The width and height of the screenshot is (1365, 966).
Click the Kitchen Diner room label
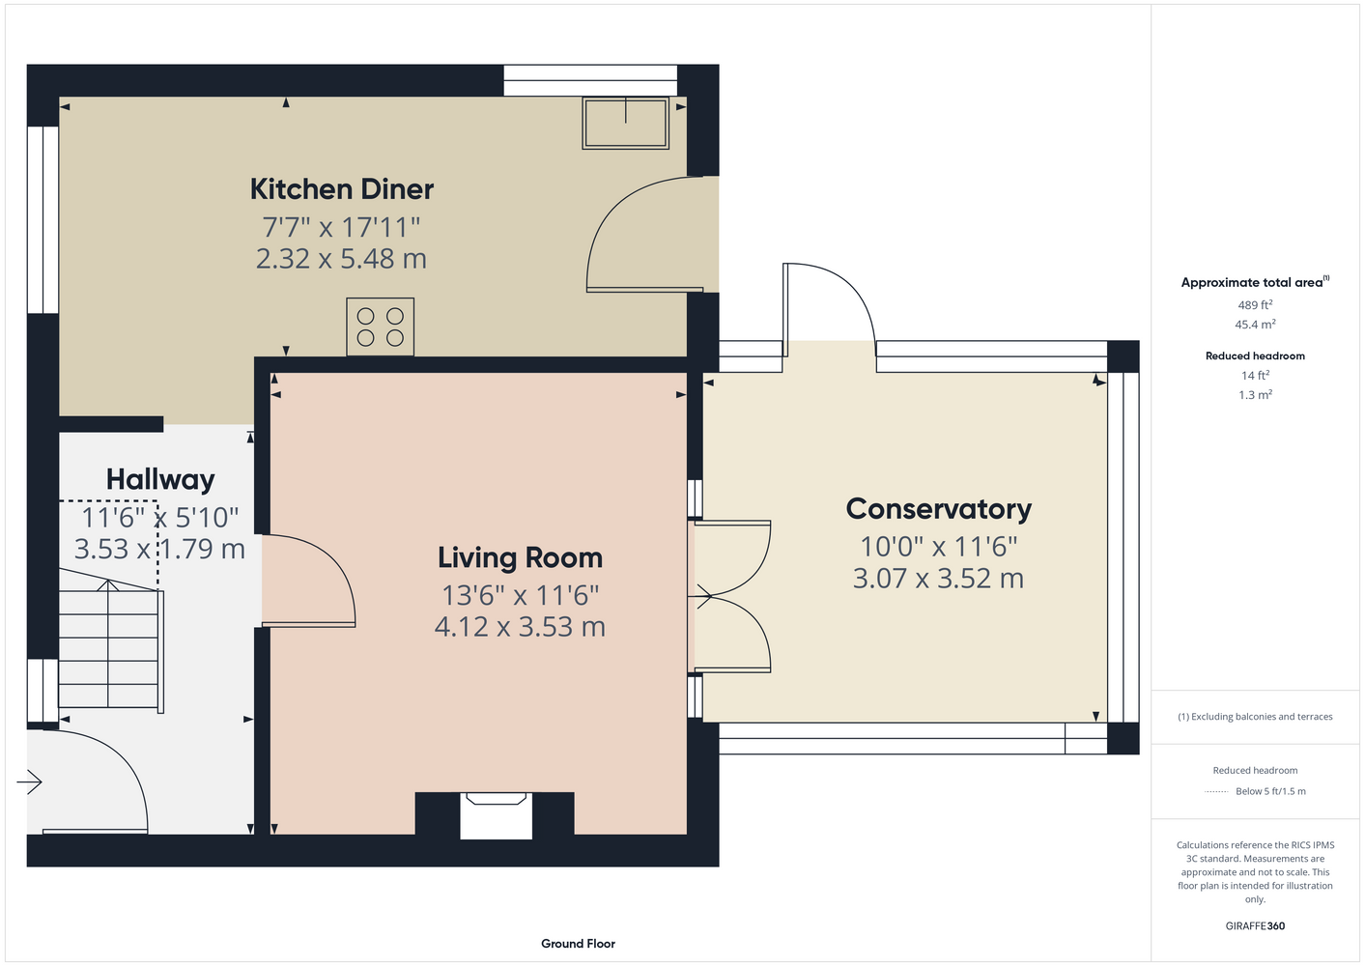click(x=341, y=189)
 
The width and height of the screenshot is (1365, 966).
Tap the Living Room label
click(x=520, y=558)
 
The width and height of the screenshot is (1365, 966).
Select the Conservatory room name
click(x=938, y=509)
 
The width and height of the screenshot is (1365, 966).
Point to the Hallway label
click(x=160, y=480)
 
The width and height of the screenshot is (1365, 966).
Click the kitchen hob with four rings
click(x=381, y=327)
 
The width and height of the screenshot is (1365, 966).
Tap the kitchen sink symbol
click(x=625, y=123)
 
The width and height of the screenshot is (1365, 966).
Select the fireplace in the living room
click(x=495, y=815)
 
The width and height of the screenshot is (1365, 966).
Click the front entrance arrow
click(x=29, y=781)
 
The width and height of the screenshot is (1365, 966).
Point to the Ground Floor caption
click(x=578, y=944)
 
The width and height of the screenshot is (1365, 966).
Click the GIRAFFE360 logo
click(x=1255, y=925)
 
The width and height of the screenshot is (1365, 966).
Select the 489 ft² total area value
click(x=1255, y=304)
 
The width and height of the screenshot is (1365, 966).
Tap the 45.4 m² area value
click(x=1255, y=325)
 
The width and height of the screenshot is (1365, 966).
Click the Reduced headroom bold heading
click(x=1255, y=355)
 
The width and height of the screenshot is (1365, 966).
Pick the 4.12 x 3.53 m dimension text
click(x=520, y=627)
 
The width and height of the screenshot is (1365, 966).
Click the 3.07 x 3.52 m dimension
click(x=938, y=579)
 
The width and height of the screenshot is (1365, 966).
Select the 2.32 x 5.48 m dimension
click(x=341, y=259)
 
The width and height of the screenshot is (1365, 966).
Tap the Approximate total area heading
click(x=1255, y=281)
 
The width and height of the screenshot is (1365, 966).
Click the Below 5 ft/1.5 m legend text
click(x=1270, y=791)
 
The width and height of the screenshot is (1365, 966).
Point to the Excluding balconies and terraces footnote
click(x=1255, y=717)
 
